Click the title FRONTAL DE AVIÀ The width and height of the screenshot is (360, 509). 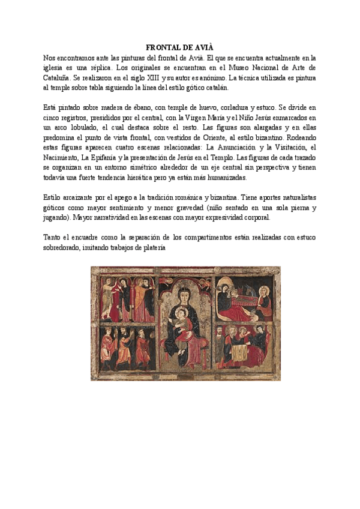point(180,47)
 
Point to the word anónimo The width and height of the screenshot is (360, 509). point(215,78)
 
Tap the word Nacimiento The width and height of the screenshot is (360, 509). point(64,157)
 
